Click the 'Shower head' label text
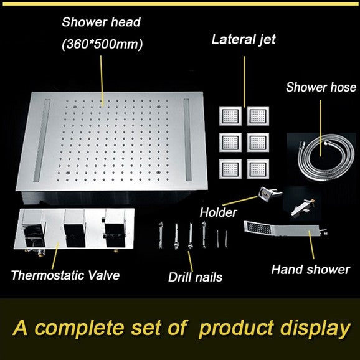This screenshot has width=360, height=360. click(x=101, y=22)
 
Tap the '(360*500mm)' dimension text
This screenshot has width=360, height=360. click(x=102, y=44)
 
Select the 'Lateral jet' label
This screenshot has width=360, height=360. click(x=244, y=39)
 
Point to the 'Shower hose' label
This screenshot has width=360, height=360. click(x=321, y=87)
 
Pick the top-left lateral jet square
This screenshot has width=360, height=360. click(x=230, y=116)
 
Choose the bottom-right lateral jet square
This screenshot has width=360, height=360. click(x=258, y=169)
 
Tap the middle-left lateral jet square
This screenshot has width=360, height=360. click(x=230, y=142)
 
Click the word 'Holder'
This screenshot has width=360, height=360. click(x=218, y=212)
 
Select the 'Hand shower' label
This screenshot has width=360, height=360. click(x=311, y=270)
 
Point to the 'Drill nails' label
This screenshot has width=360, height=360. click(x=195, y=277)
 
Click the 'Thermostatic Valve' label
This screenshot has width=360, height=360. click(x=65, y=275)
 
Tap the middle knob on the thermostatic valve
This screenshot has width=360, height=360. click(x=75, y=228)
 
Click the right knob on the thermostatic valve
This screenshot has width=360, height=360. click(x=115, y=228)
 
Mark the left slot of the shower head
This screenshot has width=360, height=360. click(x=42, y=141)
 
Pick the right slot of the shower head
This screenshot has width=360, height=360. click(x=187, y=140)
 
